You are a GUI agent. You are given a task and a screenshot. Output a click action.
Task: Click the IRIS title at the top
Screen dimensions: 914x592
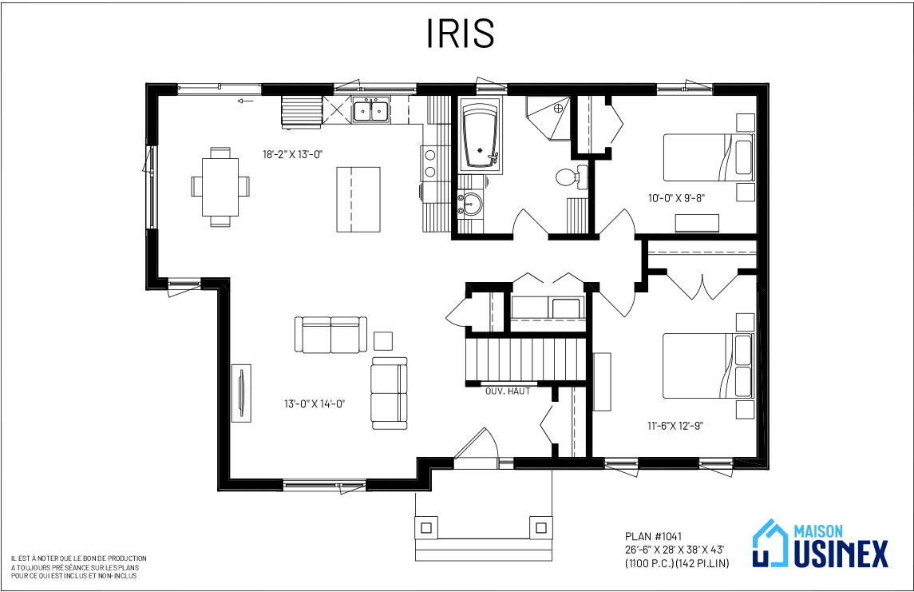(461, 34)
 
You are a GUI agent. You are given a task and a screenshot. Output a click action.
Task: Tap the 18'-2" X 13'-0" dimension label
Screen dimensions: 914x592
(293, 154)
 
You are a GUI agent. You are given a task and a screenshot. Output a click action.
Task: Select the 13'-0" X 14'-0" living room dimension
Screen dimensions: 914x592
(315, 403)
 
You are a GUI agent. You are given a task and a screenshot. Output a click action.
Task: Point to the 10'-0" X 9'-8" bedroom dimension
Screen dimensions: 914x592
(677, 197)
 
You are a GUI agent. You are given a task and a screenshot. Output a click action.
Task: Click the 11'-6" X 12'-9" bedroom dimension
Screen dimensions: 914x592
(675, 426)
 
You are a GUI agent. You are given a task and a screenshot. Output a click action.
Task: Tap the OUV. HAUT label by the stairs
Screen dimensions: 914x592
(508, 391)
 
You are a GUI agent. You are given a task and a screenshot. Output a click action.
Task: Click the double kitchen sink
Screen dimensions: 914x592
(371, 109)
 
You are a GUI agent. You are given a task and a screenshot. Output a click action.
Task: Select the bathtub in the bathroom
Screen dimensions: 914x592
(479, 137)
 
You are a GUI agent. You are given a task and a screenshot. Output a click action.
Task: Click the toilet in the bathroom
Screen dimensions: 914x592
(571, 176)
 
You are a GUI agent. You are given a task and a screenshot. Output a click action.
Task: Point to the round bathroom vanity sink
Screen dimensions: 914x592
(470, 204)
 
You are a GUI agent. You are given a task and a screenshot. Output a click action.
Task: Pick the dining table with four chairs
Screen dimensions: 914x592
(220, 187)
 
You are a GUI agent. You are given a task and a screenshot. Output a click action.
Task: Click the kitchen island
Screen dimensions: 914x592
(358, 200)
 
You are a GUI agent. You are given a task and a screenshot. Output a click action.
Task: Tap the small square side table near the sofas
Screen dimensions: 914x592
(383, 340)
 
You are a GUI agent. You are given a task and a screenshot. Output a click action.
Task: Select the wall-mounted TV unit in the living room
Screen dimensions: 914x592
(241, 393)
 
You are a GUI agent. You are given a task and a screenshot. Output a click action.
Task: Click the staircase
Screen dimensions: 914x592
(524, 360)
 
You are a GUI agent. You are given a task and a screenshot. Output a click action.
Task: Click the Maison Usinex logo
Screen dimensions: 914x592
(821, 544)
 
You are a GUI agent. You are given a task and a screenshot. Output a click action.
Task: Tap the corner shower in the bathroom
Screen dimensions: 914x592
(548, 118)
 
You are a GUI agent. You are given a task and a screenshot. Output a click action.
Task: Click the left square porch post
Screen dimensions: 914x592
(426, 528)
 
